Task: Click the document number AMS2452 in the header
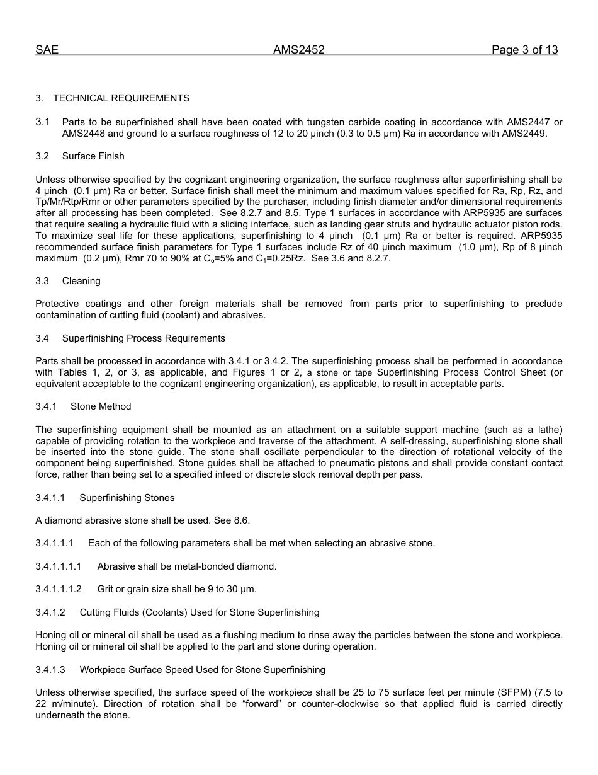coord(298,50)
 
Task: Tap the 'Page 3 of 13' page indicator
coord(524,50)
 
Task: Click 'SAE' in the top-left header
coord(47,50)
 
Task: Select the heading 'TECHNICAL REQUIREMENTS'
coord(121,98)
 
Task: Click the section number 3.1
coord(42,122)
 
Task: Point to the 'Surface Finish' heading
coord(93,156)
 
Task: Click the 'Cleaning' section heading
coord(81,281)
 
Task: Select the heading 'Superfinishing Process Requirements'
coord(144,338)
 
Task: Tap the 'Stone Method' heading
coord(101,406)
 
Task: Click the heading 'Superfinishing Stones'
coord(127,498)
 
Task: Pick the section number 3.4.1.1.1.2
coord(59,589)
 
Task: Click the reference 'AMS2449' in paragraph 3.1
coord(525,134)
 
